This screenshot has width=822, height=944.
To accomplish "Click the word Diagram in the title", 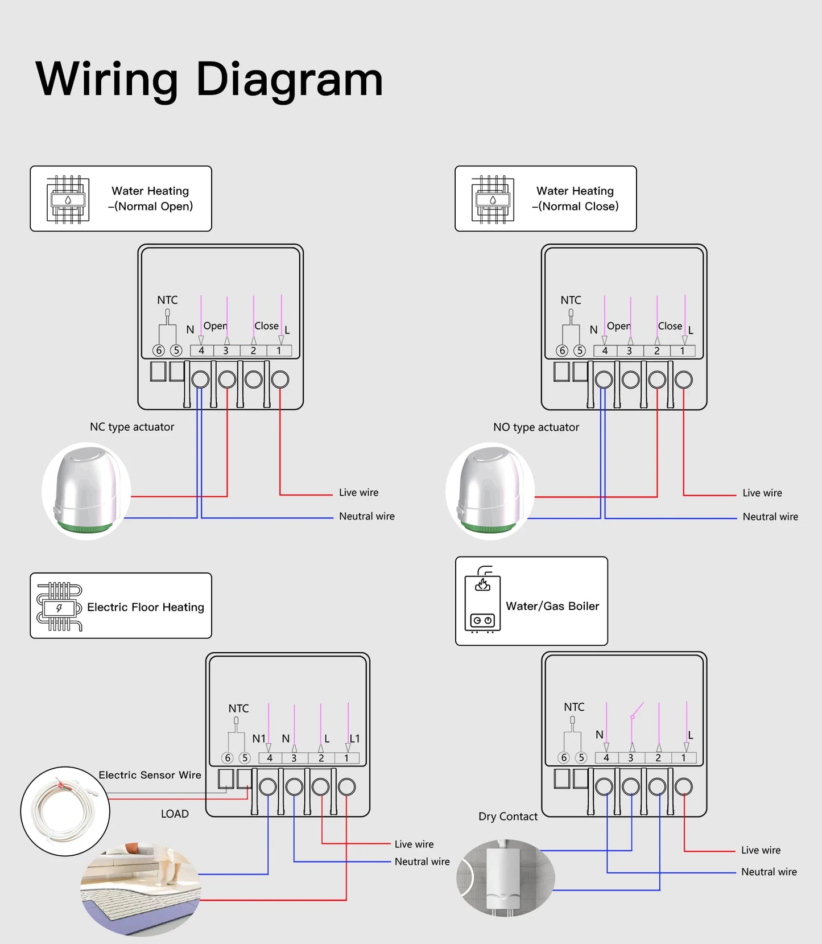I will (289, 80).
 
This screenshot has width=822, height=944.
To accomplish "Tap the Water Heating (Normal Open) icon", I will (68, 199).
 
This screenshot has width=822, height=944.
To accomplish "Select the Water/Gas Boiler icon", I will (482, 600).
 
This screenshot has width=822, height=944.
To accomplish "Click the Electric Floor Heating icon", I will (59, 607).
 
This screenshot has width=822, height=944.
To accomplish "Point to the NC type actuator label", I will (132, 427).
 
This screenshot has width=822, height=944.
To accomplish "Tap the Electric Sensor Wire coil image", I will (65, 811).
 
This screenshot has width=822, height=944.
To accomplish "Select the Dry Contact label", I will (507, 817).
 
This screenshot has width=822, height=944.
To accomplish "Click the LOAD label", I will (175, 814).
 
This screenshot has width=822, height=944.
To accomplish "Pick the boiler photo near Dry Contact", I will (505, 877).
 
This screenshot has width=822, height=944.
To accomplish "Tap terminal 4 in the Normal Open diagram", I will (201, 351).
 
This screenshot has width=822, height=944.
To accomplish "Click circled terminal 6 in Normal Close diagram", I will (562, 351).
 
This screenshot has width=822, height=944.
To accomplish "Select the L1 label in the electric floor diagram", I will (355, 738).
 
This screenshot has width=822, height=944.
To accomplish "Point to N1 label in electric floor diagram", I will (259, 738).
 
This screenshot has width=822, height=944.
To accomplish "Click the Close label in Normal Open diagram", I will (266, 326).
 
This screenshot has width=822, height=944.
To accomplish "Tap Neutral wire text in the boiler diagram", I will (769, 872).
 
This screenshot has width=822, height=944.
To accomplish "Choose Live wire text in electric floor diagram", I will (414, 844).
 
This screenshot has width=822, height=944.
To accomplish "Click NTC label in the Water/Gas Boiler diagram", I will (574, 707).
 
